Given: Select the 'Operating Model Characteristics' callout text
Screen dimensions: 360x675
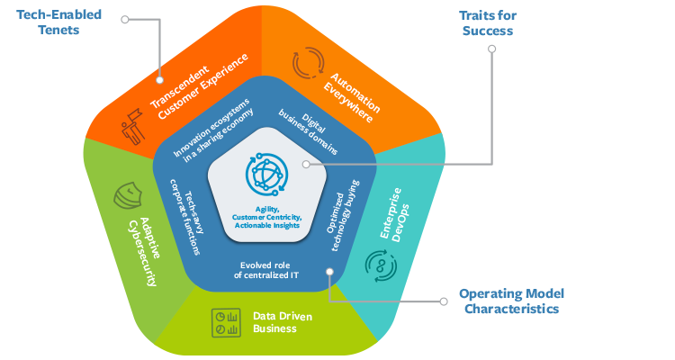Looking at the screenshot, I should tap(508, 301).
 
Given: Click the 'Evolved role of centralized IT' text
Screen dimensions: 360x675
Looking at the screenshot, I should tap(268, 270).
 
